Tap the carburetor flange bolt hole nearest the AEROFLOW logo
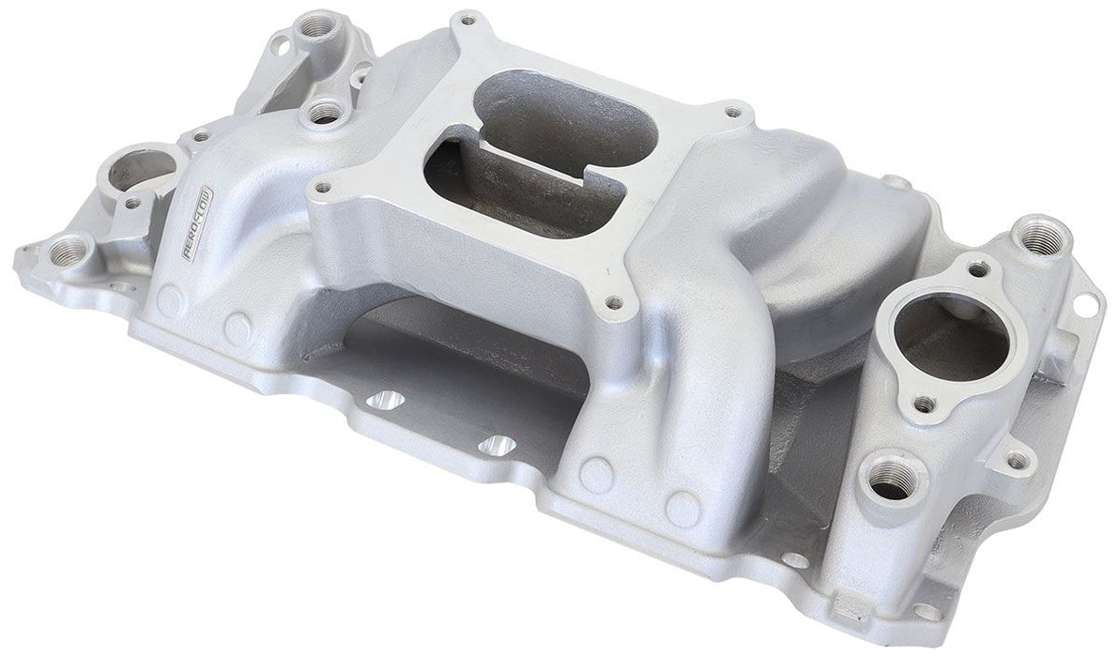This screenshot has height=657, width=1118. coord(323,187)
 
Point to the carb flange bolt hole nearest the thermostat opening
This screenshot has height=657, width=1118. coord(614,302)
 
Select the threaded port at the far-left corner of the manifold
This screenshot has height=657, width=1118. coord(70,251)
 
